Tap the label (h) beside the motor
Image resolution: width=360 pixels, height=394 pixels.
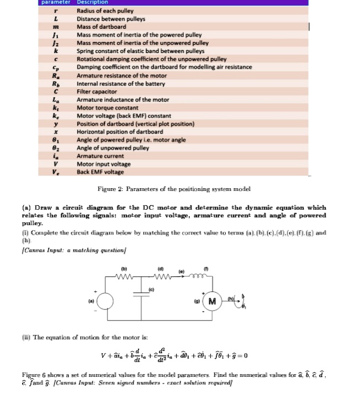(229, 298)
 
